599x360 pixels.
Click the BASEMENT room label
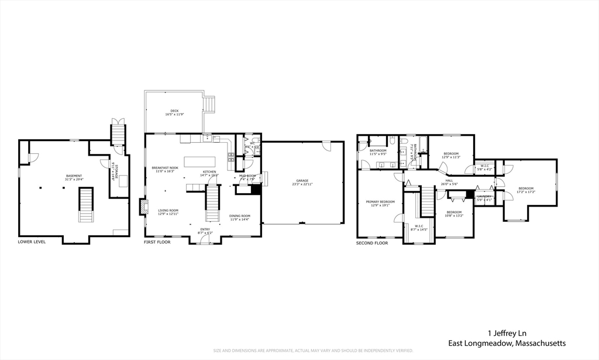74,176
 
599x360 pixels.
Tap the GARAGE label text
302,181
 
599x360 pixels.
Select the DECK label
174,111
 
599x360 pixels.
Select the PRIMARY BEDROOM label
380,202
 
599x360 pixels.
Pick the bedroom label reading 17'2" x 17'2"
526,188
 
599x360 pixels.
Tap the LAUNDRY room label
484,196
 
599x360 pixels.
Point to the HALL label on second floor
449,181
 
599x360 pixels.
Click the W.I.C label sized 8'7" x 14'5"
419,226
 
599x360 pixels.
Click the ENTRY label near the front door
205,229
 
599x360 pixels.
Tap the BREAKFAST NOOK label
165,168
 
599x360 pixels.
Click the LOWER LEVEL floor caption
32,242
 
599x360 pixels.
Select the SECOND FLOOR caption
373,242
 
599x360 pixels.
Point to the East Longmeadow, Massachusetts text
507,343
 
